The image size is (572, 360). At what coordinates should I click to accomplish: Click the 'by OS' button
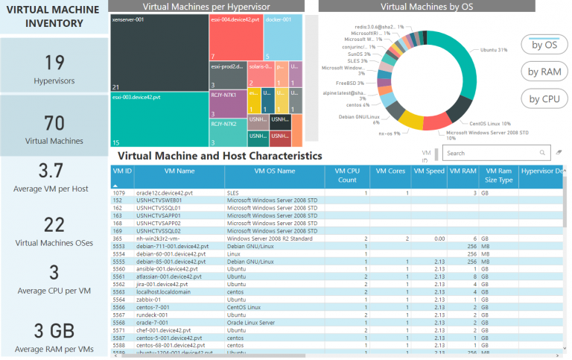point(544,44)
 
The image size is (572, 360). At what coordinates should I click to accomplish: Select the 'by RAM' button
point(544,72)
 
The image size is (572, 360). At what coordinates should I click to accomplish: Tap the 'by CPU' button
point(544,98)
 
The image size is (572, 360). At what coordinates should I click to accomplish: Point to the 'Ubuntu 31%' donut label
point(493,50)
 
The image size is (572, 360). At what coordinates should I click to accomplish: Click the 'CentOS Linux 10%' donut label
point(489,123)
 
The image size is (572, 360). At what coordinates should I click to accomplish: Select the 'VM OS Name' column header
point(274,171)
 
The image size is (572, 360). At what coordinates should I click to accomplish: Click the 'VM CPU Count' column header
point(347,175)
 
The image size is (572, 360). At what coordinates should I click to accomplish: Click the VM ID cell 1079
point(118,192)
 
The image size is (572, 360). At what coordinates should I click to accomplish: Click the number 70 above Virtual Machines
point(54,122)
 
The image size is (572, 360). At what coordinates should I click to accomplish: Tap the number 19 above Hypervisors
point(54,62)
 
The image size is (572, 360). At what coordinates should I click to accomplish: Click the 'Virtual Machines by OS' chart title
point(426,6)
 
